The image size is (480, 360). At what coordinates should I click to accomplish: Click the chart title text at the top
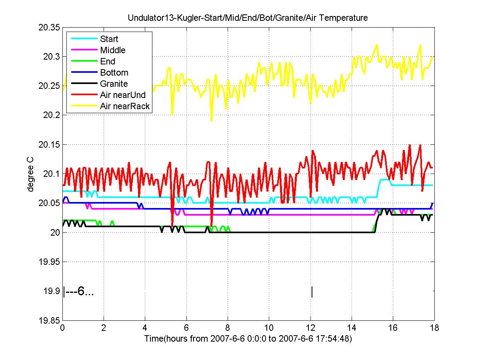pos(248,18)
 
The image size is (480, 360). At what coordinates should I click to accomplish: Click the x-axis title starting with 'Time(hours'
pos(248,338)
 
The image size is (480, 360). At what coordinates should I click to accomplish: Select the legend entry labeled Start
pos(109,39)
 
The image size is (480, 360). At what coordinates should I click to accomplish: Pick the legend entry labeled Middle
pos(112,50)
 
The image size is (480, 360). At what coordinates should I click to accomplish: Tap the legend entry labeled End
pos(108,61)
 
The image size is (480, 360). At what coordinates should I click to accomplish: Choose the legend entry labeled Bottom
pos(114,72)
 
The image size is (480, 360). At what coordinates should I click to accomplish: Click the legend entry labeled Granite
pos(114,84)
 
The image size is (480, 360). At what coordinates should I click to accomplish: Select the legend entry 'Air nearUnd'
pos(123,95)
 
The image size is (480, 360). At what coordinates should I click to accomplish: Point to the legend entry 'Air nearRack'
pos(125,106)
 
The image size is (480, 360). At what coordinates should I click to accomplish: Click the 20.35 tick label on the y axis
pos(49,28)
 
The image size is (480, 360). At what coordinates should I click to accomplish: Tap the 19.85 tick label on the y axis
pos(49,320)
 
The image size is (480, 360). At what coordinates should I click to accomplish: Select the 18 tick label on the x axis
pos(434,328)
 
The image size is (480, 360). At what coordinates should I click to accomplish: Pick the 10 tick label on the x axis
pos(269,328)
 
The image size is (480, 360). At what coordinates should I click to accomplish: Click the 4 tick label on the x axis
pos(145,328)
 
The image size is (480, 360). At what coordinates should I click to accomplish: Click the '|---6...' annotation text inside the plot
pos(79,292)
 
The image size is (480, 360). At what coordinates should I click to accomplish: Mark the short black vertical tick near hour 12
pos(312,292)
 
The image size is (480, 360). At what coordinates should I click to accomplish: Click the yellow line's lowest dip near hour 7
pos(211,120)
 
